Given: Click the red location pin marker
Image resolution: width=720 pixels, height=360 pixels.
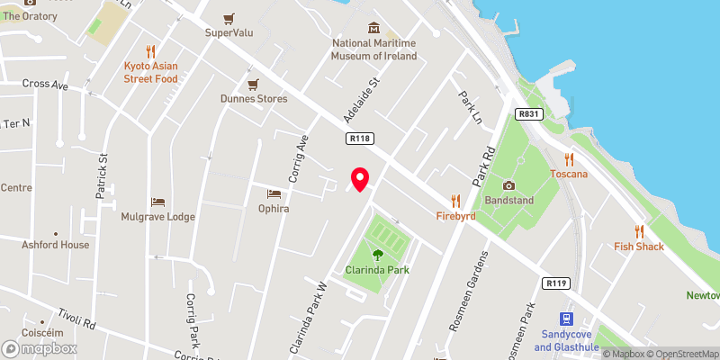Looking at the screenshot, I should click(360, 179).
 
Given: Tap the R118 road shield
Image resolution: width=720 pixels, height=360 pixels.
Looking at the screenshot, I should click(361, 138).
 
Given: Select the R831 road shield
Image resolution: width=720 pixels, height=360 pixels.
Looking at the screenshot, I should click(528, 114).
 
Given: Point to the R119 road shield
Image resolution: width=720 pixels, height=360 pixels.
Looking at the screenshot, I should click(556, 283).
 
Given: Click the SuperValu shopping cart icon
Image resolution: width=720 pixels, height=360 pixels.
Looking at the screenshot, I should click(231, 18).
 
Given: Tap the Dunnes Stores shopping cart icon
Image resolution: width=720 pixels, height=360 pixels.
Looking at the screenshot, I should click(254, 84).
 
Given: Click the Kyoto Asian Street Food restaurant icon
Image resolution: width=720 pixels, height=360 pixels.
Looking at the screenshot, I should click(151, 51).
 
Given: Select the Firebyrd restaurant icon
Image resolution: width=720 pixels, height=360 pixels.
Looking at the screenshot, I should click(456, 201).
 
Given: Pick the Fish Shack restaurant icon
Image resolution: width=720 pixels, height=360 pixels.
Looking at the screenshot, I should click(639, 231).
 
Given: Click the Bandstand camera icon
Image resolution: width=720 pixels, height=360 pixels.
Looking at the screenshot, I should click(508, 185).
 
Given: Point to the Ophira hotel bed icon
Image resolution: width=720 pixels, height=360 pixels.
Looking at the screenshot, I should click(274, 193).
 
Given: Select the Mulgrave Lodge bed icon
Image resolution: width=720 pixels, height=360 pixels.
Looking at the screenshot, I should click(158, 201).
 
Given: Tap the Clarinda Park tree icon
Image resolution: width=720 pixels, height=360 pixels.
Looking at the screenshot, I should click(378, 255).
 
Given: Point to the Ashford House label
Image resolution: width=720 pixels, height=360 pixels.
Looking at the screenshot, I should click(57, 244).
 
